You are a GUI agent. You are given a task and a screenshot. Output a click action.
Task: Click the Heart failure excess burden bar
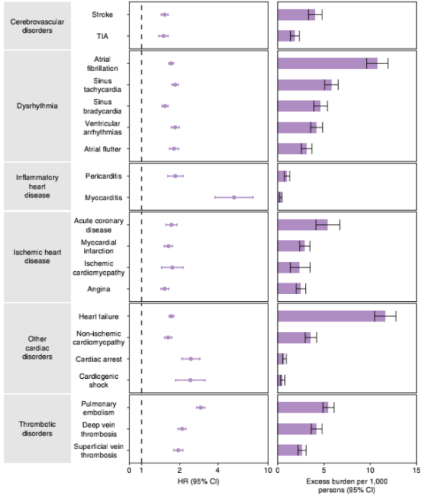pyautogui.click(x=331, y=316)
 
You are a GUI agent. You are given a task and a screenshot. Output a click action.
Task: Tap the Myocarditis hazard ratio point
pyautogui.click(x=234, y=197)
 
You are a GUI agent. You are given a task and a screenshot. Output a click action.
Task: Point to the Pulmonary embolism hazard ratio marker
pyautogui.click(x=200, y=407)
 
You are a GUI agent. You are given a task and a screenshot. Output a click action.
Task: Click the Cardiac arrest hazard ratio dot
pyautogui.click(x=190, y=358)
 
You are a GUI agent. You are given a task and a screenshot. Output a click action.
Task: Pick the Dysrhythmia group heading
pyautogui.click(x=38, y=106)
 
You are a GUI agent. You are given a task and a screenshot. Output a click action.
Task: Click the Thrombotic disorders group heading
pyautogui.click(x=38, y=429)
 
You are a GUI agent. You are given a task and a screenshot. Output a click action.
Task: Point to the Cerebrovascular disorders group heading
pyautogui.click(x=38, y=26)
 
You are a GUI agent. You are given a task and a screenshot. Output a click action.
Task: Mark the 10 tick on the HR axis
pyautogui.click(x=269, y=470)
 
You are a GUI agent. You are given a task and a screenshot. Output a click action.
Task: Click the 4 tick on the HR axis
pyautogui.click(x=217, y=470)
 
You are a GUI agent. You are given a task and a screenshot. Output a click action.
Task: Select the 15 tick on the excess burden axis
pyautogui.click(x=416, y=470)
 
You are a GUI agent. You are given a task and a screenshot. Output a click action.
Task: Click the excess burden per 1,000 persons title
pyautogui.click(x=346, y=484)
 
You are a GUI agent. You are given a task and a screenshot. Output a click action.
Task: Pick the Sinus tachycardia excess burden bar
pyautogui.click(x=304, y=85)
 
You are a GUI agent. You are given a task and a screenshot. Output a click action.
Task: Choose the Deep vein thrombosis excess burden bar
pyautogui.click(x=297, y=429)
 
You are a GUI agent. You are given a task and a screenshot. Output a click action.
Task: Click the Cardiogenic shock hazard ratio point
pyautogui.click(x=190, y=380)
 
